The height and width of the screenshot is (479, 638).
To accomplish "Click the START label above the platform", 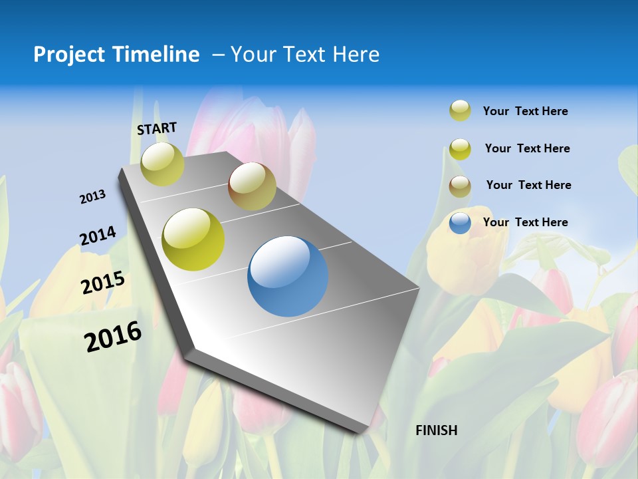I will (x=157, y=128).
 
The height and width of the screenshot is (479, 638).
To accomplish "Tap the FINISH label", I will (x=436, y=430).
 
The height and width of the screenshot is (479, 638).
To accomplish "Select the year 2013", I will (x=92, y=197).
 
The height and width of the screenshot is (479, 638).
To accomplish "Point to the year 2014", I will (x=98, y=236).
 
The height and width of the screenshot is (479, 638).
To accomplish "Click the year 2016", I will (x=113, y=337).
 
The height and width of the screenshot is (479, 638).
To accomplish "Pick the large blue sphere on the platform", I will (x=288, y=277).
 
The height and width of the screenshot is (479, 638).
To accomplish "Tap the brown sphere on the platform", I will (x=252, y=186).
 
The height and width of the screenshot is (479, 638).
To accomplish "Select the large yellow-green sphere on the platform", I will (x=193, y=239).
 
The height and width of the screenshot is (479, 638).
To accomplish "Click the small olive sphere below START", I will (x=162, y=164).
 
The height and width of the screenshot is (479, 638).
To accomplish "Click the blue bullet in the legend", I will (x=460, y=223).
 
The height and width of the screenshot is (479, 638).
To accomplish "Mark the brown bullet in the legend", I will (x=460, y=186).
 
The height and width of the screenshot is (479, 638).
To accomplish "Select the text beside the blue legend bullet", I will (x=525, y=222).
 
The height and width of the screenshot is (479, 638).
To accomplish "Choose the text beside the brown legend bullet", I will (x=528, y=185).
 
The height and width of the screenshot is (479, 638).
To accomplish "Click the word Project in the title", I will (x=69, y=55).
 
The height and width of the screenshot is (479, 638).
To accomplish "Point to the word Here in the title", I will (x=356, y=55).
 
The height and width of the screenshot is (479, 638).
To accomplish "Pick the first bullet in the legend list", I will (x=460, y=110).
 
